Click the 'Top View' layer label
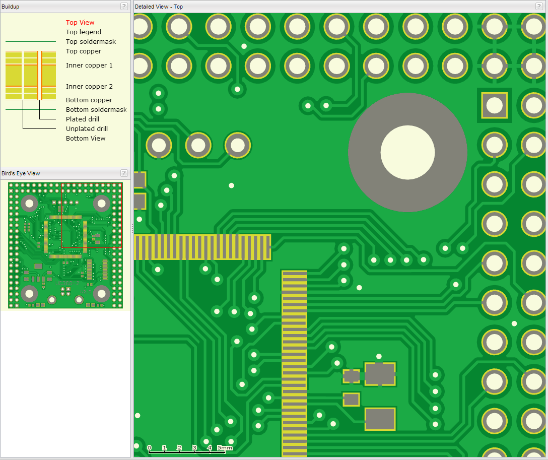(x=80, y=22)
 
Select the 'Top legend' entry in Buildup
(x=84, y=32)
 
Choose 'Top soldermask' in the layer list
(x=91, y=42)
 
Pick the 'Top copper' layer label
(x=84, y=51)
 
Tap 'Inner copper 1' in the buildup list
(x=89, y=65)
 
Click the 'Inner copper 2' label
(x=89, y=86)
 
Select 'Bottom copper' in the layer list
(x=89, y=100)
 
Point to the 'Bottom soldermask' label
(x=96, y=109)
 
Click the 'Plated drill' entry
(x=83, y=119)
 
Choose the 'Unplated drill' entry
(x=87, y=128)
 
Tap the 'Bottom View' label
(x=86, y=138)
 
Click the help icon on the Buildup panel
(x=124, y=6)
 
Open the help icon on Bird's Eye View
(x=124, y=173)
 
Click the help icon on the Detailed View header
(x=539, y=6)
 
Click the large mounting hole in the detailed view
(x=407, y=152)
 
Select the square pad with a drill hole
(x=495, y=105)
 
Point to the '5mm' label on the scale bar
(x=224, y=447)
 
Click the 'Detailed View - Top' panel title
(x=159, y=7)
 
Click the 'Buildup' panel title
(x=11, y=7)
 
